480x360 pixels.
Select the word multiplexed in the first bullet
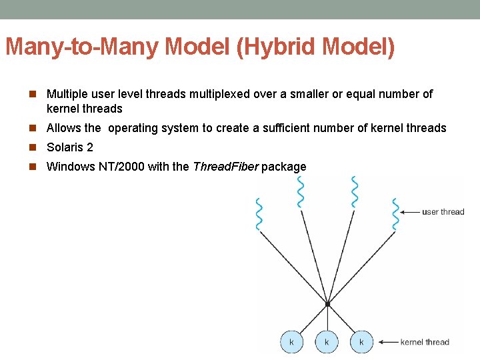[x=219, y=94]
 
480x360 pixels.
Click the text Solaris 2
[x=69, y=147]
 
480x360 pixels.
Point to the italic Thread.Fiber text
[x=225, y=167]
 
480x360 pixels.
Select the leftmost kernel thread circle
[x=291, y=342]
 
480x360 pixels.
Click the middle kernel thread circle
[x=327, y=342]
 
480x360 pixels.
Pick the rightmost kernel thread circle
[x=361, y=342]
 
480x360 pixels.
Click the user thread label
[x=443, y=212]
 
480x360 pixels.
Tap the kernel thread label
[x=425, y=342]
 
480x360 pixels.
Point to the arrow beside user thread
[x=409, y=212]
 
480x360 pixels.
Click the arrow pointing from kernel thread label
[x=387, y=342]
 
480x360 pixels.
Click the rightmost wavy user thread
[x=395, y=214]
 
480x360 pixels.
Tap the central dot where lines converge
[x=327, y=305]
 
